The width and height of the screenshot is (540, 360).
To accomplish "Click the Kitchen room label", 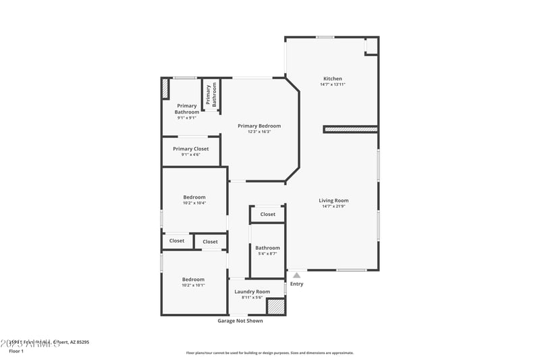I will pos(332,78).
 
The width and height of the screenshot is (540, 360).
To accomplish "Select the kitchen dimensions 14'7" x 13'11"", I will pos(332,84).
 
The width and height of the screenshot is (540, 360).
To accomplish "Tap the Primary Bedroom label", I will pos(259,126).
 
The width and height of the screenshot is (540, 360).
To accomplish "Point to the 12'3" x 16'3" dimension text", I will pos(259,132).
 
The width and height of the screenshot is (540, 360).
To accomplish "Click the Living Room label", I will pos(333,200).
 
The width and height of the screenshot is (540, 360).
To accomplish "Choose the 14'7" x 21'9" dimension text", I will pos(333,206).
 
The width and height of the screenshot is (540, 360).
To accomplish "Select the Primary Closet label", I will pos(191,149).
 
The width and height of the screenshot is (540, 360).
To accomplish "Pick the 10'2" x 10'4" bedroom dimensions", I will pos(194,203).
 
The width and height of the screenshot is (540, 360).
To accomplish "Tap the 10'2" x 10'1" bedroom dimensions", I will pos(194,285).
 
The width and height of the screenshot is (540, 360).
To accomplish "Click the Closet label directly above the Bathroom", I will pos(268,214).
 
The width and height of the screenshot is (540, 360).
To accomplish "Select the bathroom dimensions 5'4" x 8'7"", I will pos(267,254).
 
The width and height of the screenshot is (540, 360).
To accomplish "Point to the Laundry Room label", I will pos(252,292).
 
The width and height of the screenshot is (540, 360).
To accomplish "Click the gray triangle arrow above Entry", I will pos(296,275).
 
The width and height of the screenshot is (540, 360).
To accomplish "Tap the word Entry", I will pos(296,284).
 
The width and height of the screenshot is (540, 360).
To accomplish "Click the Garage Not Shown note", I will pos(240,321).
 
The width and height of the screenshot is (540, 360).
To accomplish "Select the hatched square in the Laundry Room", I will pos(275,306).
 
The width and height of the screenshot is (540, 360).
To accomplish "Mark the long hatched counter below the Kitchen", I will pos(350,128).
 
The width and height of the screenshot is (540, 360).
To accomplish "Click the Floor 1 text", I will pos(16,351).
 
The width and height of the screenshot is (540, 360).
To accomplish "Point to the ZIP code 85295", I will pos(80,342).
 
